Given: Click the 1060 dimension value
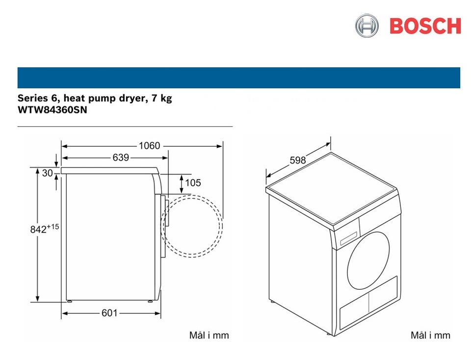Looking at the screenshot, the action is [x=149, y=146].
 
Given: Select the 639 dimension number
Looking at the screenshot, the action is [x=121, y=158].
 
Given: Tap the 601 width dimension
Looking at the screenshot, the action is [x=109, y=313].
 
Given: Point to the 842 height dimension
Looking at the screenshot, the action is [x=45, y=228].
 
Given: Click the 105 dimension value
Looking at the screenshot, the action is [x=193, y=183].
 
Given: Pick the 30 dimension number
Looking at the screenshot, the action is [x=48, y=173].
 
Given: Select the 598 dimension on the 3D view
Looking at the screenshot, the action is [x=298, y=160].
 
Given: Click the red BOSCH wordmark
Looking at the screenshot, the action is [x=425, y=26].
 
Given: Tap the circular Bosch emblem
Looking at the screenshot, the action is [x=366, y=26].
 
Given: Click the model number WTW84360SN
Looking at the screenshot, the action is [x=52, y=110].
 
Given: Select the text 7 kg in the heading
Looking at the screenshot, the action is [x=162, y=98].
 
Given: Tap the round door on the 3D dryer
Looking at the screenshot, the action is [x=368, y=260].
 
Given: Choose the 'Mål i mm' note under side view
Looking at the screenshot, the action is [x=209, y=335].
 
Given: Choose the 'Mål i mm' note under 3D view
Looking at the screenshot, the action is [x=430, y=335].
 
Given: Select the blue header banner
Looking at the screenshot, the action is [x=239, y=78].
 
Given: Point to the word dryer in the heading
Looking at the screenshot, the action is [x=133, y=99].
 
